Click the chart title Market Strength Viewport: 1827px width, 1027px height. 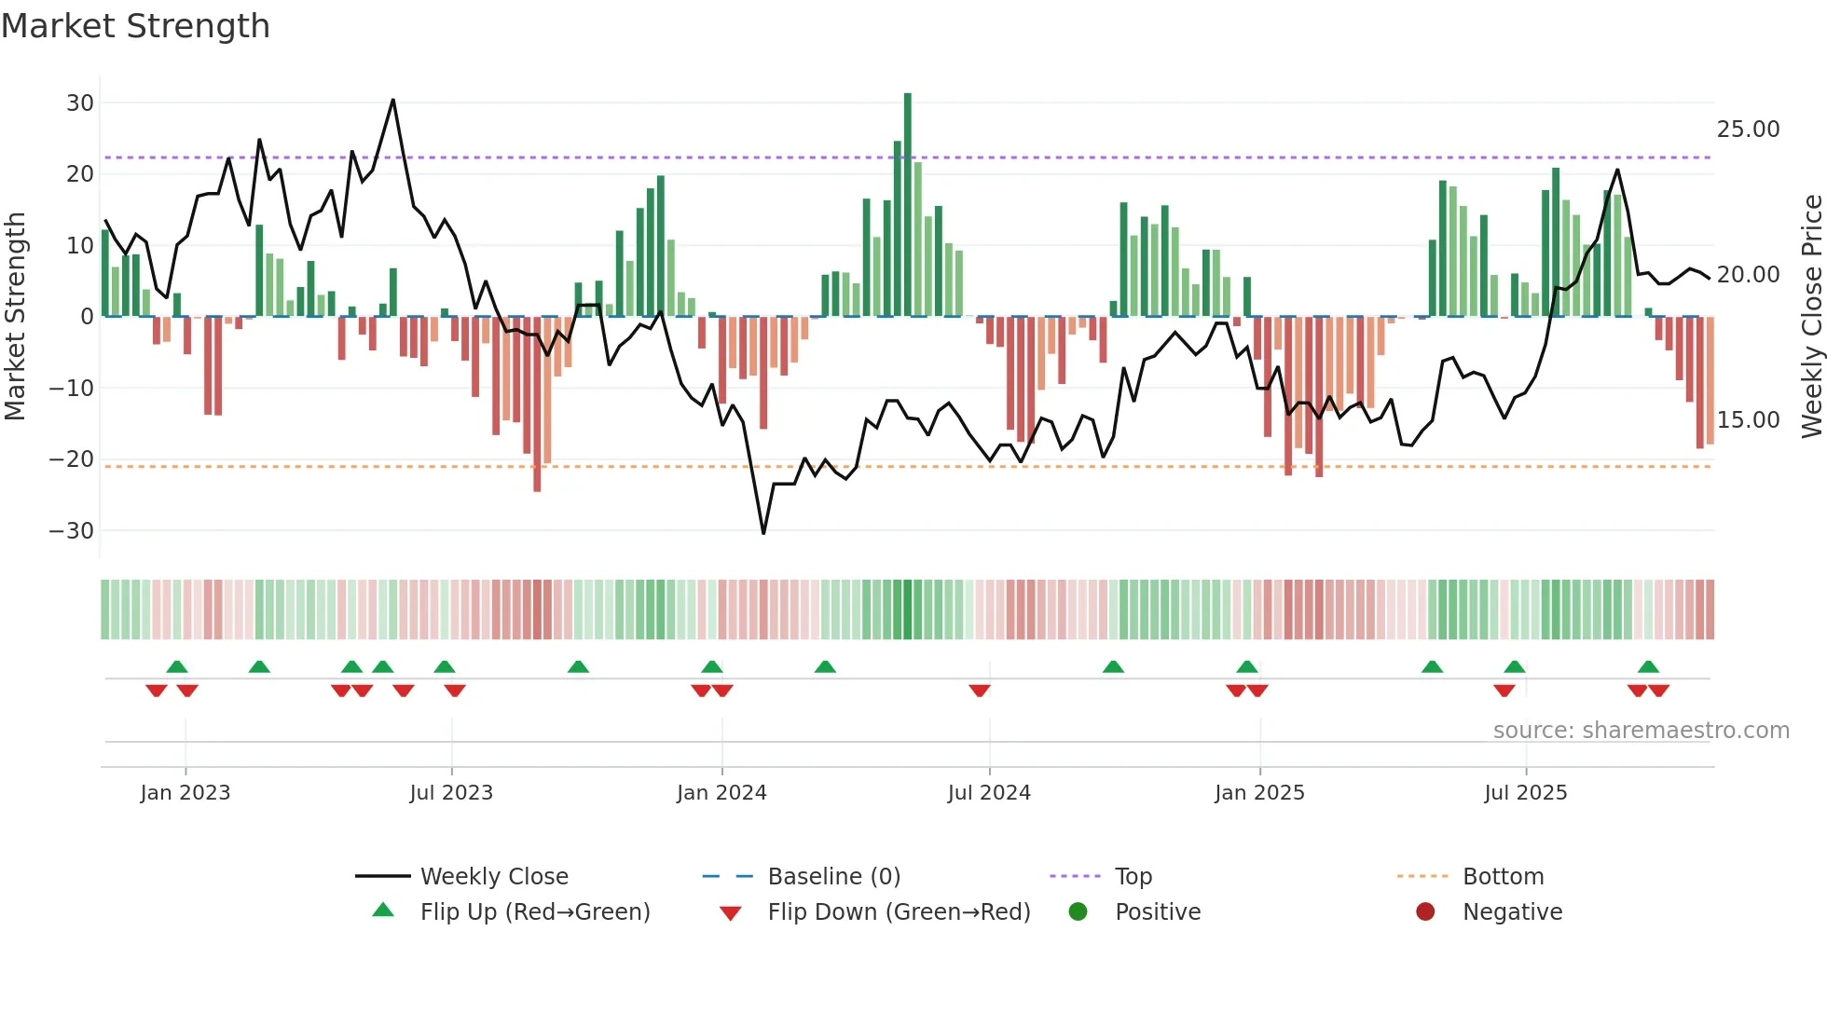135,26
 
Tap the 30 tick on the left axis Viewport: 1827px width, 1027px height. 80,103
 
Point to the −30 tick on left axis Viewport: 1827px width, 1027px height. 72,531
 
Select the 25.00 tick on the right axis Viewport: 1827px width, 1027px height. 1748,130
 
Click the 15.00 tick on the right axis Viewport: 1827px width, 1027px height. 1748,420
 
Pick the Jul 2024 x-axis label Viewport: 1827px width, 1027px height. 989,793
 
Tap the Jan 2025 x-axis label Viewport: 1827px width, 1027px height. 1259,793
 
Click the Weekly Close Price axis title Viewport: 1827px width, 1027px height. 1811,316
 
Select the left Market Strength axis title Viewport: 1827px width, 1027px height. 15,316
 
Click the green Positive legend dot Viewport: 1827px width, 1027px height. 1078,912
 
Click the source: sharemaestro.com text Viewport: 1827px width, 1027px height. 1641,731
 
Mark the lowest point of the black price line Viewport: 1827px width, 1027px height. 763,533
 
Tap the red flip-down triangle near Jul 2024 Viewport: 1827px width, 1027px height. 979,691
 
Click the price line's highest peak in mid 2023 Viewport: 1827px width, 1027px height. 393,100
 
